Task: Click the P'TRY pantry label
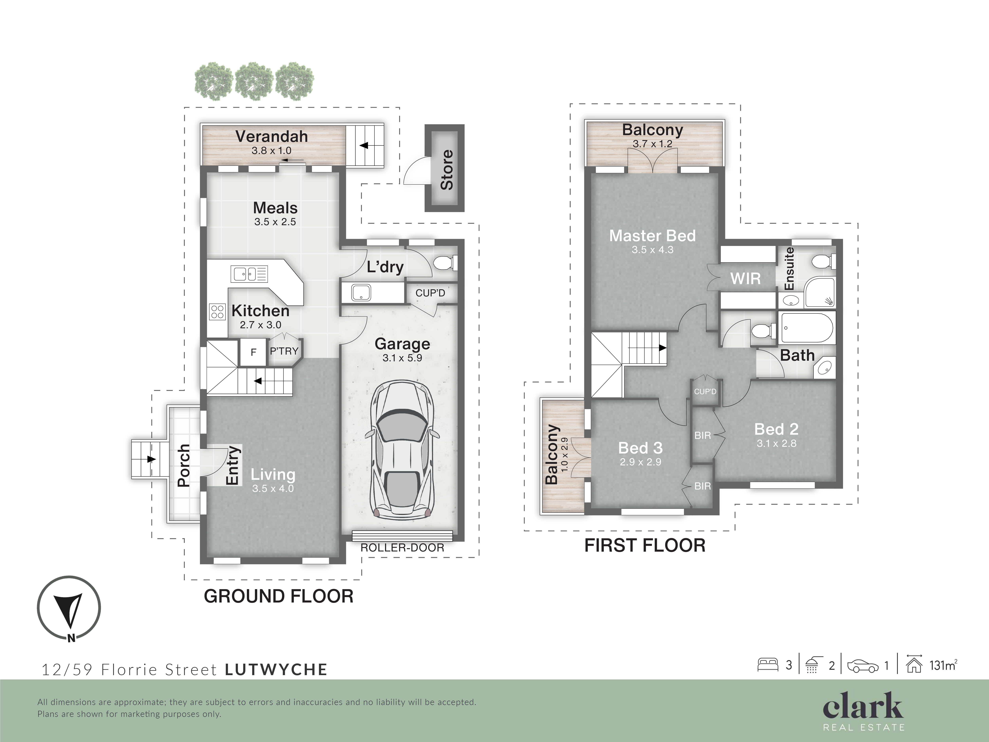[284, 351]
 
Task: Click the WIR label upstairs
[745, 279]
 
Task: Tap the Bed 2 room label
[776, 429]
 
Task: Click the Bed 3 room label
[640, 448]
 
